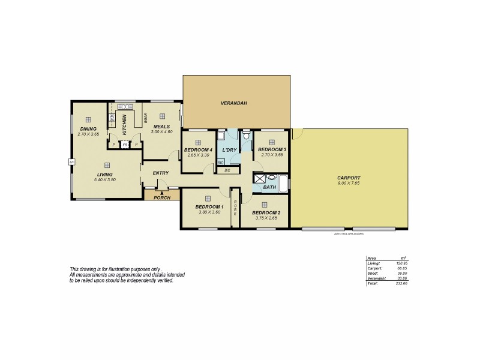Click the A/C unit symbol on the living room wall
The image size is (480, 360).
click(x=71, y=161)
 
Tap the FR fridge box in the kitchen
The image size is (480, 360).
click(x=125, y=145)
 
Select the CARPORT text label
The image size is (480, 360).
click(x=348, y=178)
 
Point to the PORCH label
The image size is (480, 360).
click(x=162, y=197)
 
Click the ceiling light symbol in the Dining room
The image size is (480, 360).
click(x=88, y=119)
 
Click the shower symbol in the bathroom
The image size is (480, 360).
click(x=259, y=178)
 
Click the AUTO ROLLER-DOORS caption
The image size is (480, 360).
click(x=349, y=233)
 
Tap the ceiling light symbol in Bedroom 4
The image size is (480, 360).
click(x=199, y=142)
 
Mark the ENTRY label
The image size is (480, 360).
click(x=161, y=173)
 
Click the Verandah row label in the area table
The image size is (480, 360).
click(x=374, y=278)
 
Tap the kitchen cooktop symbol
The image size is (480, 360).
click(x=112, y=118)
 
